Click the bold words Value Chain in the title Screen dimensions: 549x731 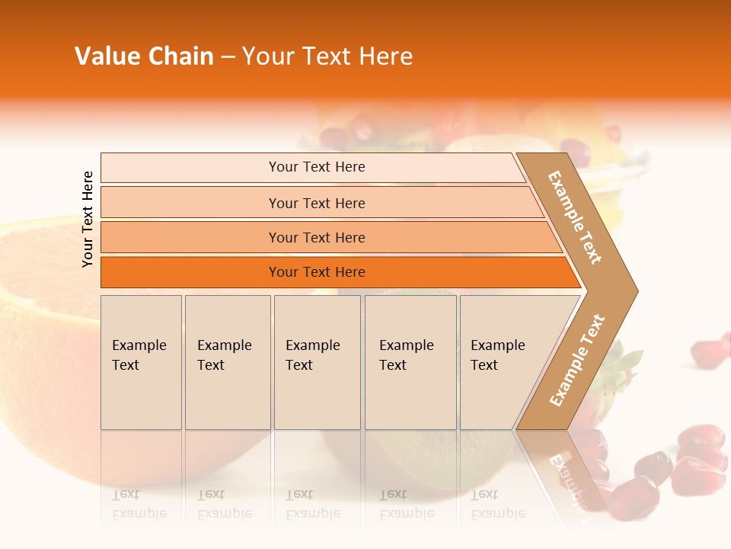pyautogui.click(x=144, y=56)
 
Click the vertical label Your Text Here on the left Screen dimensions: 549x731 pyautogui.click(x=88, y=219)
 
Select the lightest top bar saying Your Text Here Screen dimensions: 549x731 pyautogui.click(x=316, y=167)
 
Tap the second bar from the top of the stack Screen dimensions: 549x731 pyautogui.click(x=316, y=203)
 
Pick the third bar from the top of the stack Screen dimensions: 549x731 pyautogui.click(x=316, y=237)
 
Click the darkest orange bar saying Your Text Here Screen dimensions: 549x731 pyautogui.click(x=316, y=272)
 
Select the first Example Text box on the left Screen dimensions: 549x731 pyautogui.click(x=141, y=361)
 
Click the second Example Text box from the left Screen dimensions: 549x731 pyautogui.click(x=227, y=361)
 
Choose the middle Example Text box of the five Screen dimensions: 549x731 pyautogui.click(x=317, y=361)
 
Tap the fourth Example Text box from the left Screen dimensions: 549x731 pyautogui.click(x=410, y=361)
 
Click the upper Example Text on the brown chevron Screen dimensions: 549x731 pyautogui.click(x=576, y=217)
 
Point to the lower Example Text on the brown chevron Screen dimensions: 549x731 pyautogui.click(x=577, y=360)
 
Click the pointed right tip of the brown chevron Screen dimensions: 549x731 pyautogui.click(x=634, y=291)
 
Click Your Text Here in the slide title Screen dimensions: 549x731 pyautogui.click(x=327, y=56)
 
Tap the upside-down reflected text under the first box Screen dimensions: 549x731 pyautogui.click(x=139, y=504)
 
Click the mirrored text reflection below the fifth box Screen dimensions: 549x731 pyautogui.click(x=498, y=504)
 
